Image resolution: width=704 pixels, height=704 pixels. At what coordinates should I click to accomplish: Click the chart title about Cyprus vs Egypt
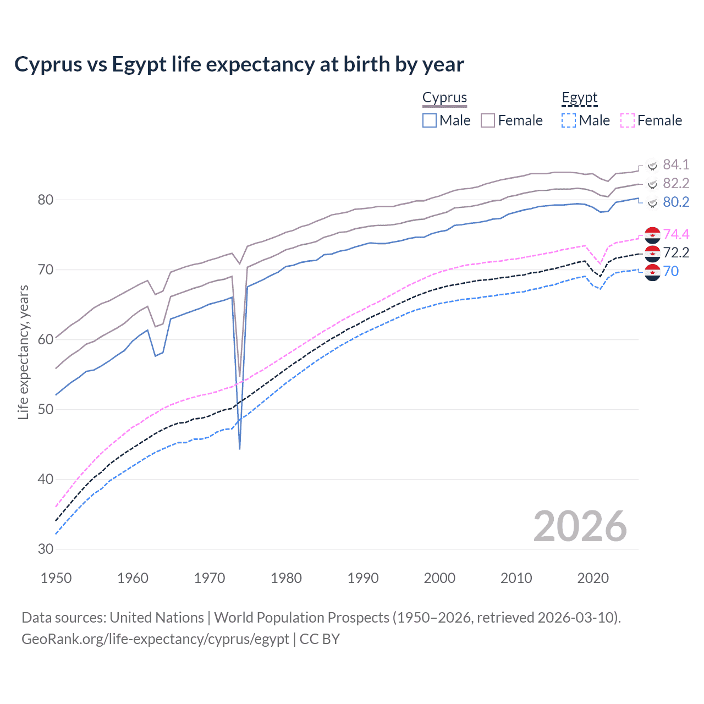pos(239,64)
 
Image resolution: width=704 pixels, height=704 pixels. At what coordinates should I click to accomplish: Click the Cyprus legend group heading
pos(444,97)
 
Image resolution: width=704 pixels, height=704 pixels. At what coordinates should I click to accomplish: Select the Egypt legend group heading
pos(579,97)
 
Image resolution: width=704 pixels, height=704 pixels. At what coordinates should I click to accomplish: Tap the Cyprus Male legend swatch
pos(430,120)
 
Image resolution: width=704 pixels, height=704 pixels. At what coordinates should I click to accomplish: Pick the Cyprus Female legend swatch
pos(488,120)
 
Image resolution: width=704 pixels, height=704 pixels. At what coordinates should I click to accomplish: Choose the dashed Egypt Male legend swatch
pos(569,120)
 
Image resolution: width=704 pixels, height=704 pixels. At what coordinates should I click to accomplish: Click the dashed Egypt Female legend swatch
pos(627,120)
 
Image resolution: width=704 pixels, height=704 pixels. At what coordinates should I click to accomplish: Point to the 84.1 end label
pos(676,164)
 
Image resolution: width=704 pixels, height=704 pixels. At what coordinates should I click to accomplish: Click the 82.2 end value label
pos(676,183)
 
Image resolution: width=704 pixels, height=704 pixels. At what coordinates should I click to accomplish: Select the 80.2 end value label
pos(676,202)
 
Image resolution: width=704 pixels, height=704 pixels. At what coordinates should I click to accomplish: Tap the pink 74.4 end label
pos(676,234)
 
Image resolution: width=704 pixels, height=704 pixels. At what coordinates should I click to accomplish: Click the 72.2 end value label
pos(676,252)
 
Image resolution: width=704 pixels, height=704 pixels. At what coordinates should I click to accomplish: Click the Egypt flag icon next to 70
pos(652,272)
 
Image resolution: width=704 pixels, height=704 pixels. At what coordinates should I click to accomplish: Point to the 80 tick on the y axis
pos(46,200)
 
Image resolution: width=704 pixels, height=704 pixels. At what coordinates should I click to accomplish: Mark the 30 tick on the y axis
pos(46,549)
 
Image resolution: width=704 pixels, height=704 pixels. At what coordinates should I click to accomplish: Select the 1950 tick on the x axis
pos(56,578)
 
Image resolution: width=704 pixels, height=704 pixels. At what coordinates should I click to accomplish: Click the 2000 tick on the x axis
pos(439,578)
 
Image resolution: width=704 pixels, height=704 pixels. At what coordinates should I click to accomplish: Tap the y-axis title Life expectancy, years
pos(23,352)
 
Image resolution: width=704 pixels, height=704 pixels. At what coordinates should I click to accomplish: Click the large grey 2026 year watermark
pos(580,526)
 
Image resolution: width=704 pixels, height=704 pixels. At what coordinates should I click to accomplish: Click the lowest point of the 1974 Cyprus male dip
pos(240,449)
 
